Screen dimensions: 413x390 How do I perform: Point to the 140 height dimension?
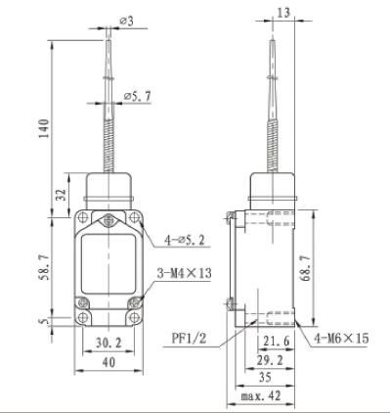coord(43,128)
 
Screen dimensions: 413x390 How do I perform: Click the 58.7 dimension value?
coord(44,263)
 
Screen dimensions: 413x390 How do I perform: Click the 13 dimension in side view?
coord(282,13)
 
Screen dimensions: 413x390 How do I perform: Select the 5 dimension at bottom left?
coord(43,318)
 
